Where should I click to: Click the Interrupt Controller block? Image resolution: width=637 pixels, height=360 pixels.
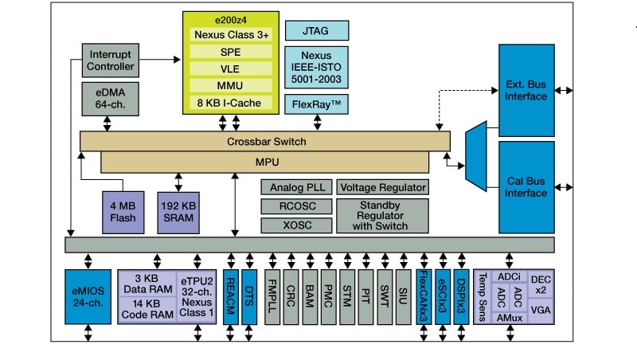click(111, 60)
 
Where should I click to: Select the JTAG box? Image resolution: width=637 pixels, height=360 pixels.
click(316, 31)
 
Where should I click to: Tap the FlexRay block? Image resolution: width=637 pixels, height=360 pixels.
click(316, 104)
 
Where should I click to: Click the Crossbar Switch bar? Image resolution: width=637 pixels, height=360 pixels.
click(264, 142)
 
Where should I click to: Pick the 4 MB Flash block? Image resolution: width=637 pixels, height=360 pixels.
click(122, 211)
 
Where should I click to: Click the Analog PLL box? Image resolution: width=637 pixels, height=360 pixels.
click(295, 188)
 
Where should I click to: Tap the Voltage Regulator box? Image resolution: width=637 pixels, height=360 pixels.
click(382, 188)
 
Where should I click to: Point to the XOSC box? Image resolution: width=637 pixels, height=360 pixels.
click(295, 225)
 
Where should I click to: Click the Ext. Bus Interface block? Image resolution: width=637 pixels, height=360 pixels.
click(526, 89)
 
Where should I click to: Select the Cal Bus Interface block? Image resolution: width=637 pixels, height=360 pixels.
click(526, 186)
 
